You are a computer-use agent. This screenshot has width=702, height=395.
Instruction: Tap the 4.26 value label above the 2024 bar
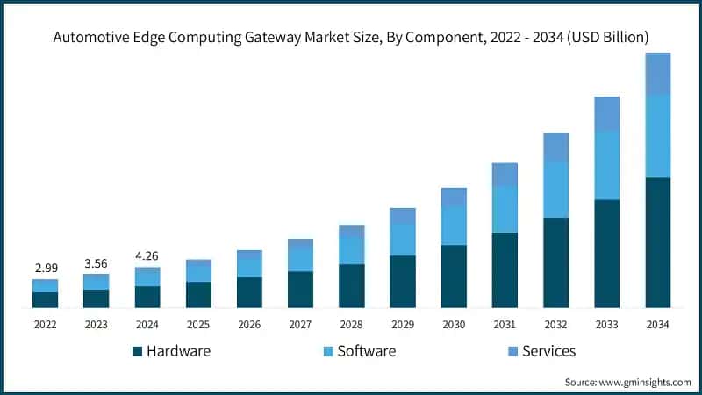[x=147, y=256]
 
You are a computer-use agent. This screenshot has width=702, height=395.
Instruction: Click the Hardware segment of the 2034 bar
[x=658, y=242]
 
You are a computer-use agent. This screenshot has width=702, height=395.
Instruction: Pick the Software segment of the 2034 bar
[x=658, y=136]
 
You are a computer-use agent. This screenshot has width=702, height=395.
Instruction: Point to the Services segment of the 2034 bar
[x=658, y=74]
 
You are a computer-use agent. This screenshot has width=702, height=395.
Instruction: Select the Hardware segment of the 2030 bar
[x=454, y=276]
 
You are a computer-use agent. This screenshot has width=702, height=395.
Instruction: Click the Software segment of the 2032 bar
[x=555, y=190]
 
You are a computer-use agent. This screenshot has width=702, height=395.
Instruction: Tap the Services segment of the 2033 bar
[x=607, y=113]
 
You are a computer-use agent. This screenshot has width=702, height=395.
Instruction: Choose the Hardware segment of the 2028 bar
[x=351, y=286]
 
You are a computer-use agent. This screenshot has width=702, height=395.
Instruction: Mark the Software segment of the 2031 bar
[x=505, y=210]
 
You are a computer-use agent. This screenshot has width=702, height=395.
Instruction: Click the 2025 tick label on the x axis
[x=198, y=324]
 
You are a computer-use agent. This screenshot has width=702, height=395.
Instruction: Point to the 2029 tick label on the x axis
[x=403, y=324]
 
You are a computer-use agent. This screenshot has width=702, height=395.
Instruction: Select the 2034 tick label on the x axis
[x=658, y=324]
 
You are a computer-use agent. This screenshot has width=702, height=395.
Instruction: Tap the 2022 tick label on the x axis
[x=45, y=324]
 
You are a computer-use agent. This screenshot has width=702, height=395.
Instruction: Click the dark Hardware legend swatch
[x=137, y=351]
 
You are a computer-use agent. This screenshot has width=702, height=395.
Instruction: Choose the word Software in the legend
[x=367, y=351]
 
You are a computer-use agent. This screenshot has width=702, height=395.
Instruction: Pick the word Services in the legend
[x=548, y=351]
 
